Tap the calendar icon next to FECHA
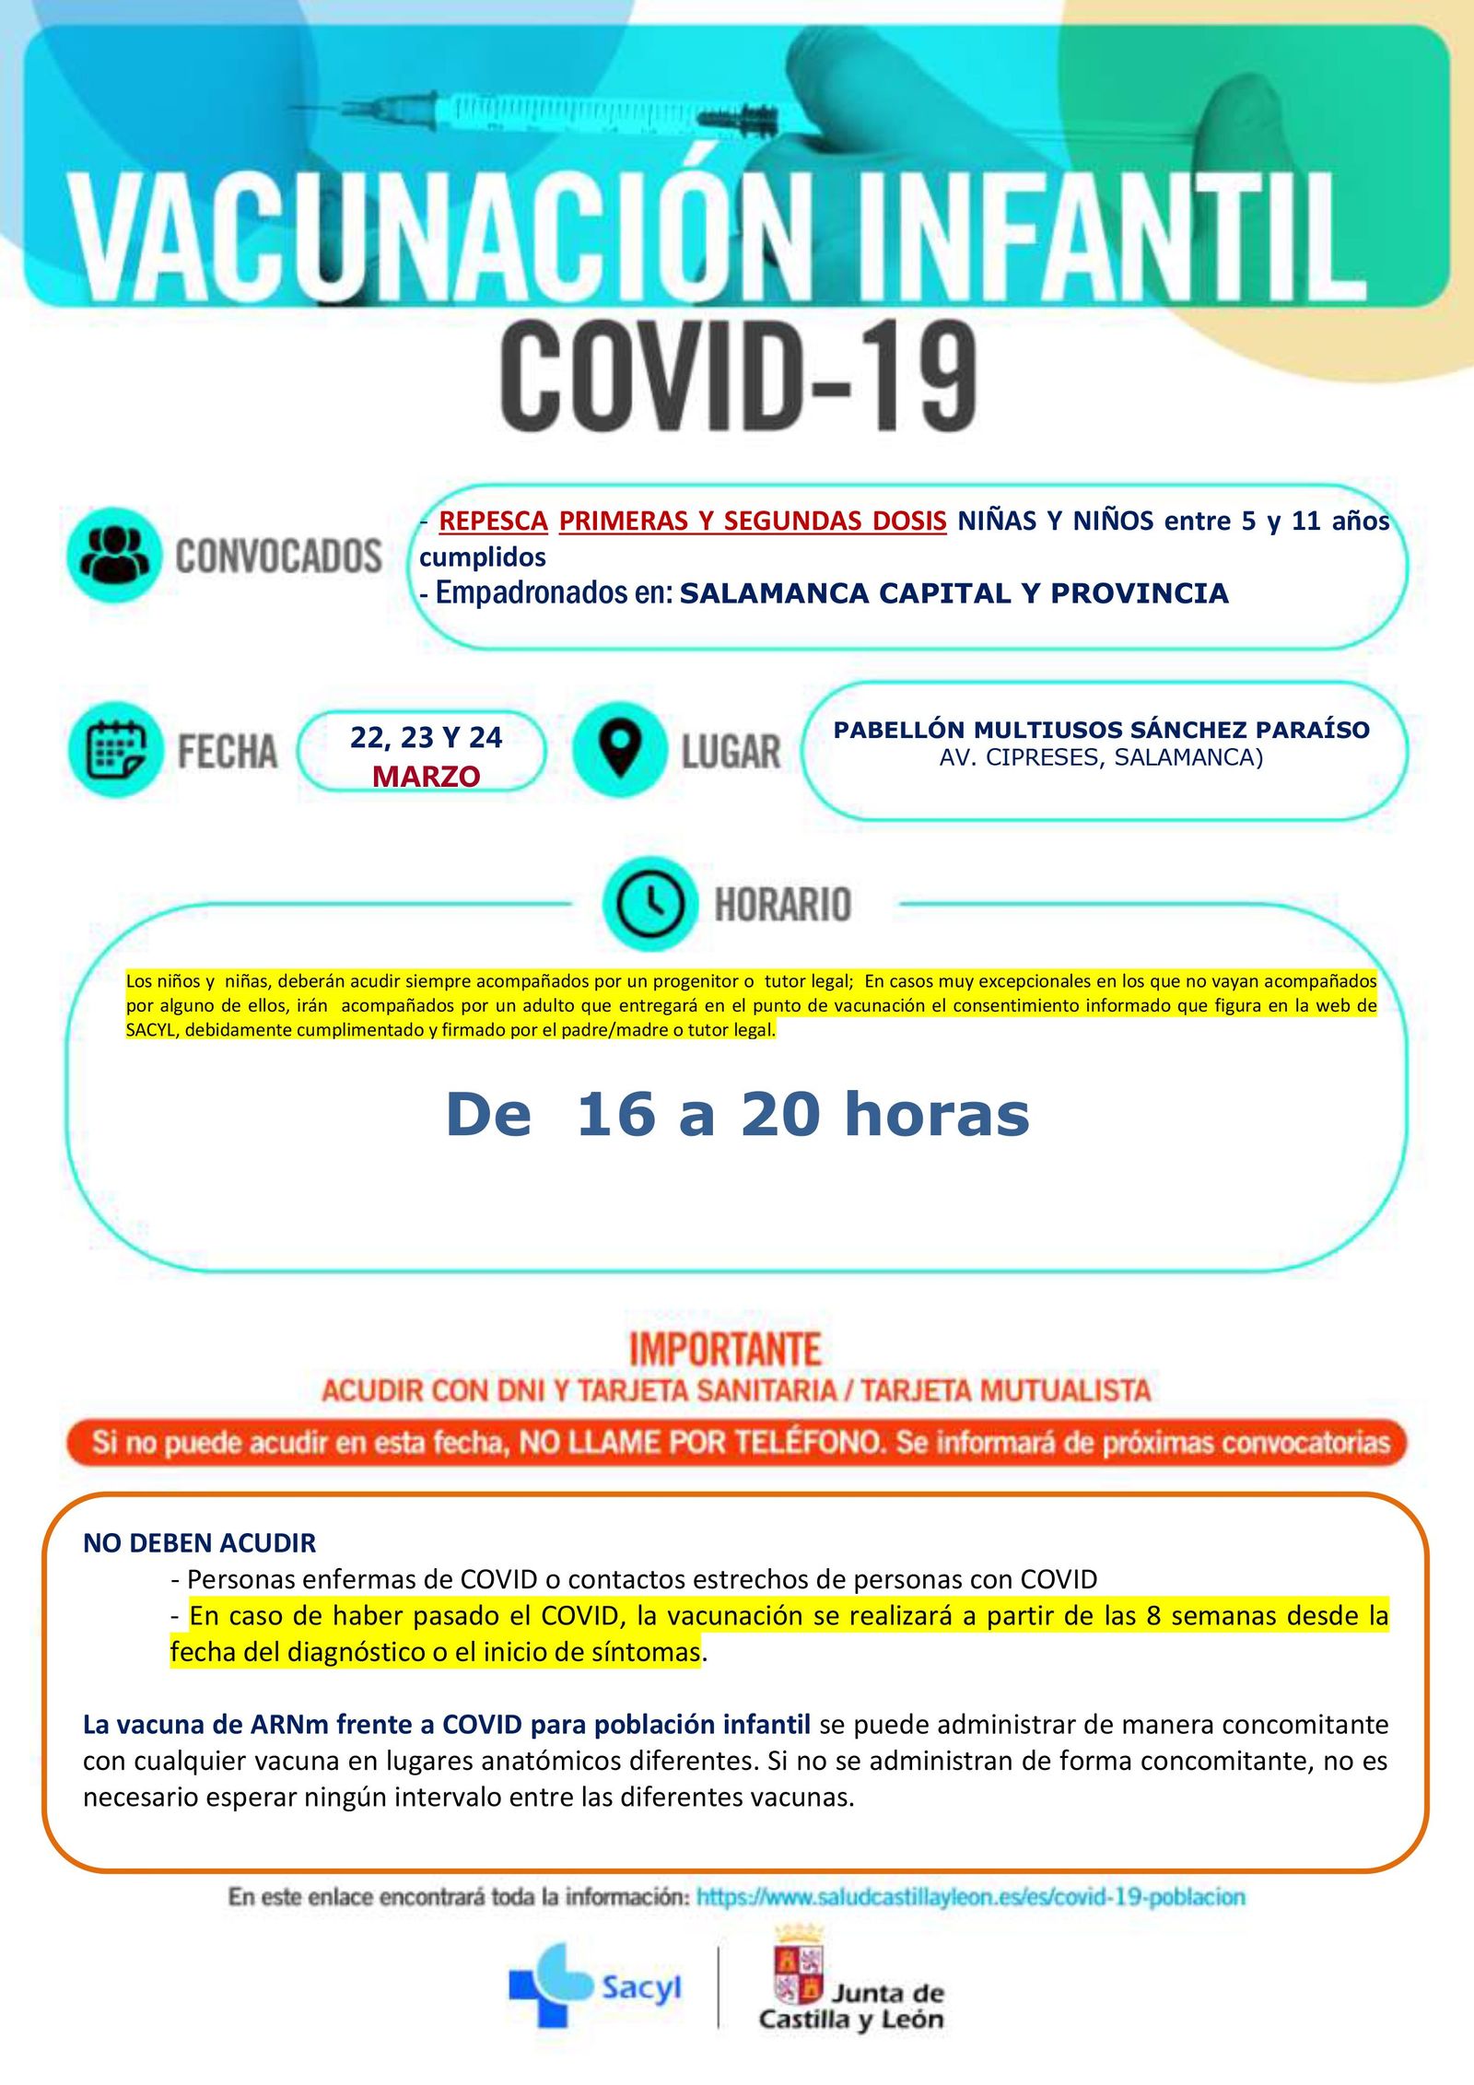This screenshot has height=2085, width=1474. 115,750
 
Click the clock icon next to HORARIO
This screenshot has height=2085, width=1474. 649,904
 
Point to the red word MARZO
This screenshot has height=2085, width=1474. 426,777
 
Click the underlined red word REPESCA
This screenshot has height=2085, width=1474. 493,521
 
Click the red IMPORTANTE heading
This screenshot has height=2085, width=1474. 725,1350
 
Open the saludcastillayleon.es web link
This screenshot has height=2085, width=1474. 970,1897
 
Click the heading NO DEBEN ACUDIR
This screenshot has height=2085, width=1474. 199,1542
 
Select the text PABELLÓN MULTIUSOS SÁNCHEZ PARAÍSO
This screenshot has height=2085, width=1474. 1101,730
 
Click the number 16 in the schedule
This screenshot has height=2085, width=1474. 614,1114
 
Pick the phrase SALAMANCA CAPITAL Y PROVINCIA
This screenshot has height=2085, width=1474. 953,593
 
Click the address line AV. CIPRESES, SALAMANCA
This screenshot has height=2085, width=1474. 1101,757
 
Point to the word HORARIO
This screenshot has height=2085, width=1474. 783,904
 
